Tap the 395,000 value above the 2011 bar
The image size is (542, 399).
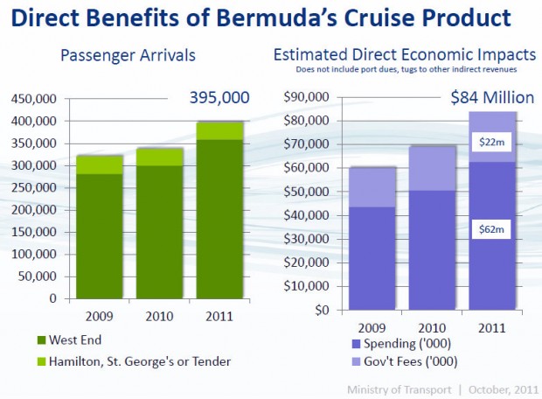coord(219,98)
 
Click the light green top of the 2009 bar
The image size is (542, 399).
coord(99,164)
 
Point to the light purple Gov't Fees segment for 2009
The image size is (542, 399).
coord(373,187)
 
